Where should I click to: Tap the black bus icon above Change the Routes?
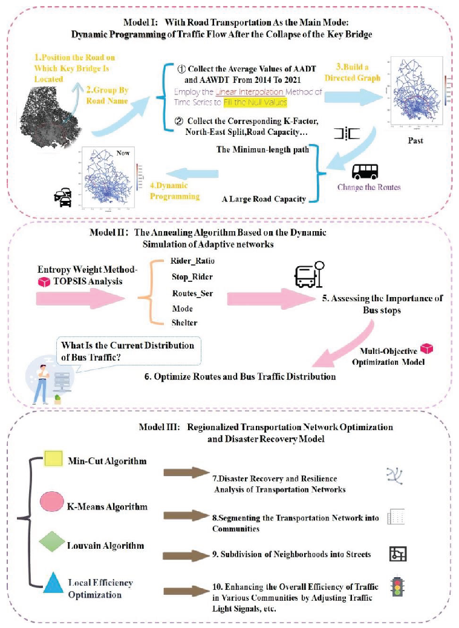tap(365, 172)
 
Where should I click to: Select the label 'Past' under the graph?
tap(416, 140)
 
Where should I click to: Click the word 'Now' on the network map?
tap(123, 153)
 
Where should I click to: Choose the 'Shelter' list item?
tap(184, 322)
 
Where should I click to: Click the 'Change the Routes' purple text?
tap(369, 187)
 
